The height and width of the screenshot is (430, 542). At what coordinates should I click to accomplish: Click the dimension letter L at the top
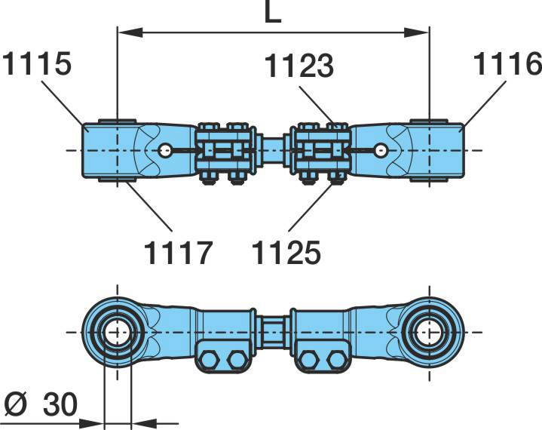coord(272,13)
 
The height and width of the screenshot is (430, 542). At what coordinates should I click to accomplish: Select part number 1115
coord(37,63)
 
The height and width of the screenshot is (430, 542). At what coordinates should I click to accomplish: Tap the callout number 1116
coord(507,63)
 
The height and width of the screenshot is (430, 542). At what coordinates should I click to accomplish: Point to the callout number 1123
coord(299,66)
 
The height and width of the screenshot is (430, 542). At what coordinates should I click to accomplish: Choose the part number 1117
coord(177,253)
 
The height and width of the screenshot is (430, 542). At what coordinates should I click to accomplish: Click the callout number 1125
coord(286,253)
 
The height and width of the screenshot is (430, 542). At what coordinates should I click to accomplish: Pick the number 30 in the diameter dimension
coord(60,404)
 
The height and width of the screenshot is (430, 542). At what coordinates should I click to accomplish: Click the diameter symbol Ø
coord(16,404)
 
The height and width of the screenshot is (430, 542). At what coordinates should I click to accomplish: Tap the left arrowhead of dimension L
coord(130,32)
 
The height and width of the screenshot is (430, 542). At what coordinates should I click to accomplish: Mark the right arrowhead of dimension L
coord(417,32)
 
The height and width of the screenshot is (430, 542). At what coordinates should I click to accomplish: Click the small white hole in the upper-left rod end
coord(165,150)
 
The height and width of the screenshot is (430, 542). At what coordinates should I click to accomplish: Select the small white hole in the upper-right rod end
coord(381,150)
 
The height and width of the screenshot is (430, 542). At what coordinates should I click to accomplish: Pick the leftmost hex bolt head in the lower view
coord(209,360)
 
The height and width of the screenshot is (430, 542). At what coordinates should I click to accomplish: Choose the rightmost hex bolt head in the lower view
coord(338,360)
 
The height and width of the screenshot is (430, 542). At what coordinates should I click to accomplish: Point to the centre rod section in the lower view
coord(273,332)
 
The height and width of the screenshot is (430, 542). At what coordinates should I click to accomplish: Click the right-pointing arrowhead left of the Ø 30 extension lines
coord(92,422)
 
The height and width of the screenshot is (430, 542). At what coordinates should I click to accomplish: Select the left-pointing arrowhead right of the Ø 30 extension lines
coord(144,422)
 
